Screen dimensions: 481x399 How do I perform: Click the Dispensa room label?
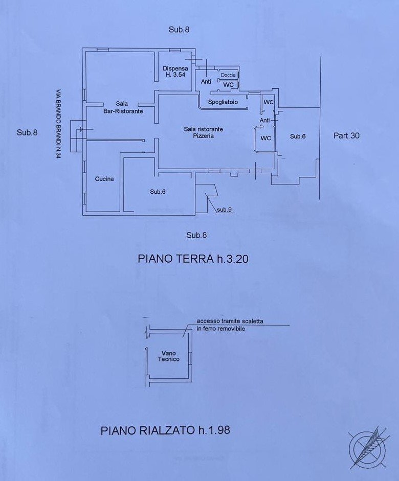(x=175, y=68)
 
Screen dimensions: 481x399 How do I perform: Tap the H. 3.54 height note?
(x=175, y=75)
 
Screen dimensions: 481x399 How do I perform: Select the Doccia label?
(x=228, y=75)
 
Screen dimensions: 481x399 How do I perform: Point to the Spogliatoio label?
(x=223, y=102)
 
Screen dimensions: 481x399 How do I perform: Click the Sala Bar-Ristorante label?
(x=122, y=107)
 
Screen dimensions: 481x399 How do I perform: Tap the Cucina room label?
(x=104, y=179)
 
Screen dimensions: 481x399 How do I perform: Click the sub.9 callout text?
(x=224, y=210)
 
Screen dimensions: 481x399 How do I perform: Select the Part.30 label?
(x=346, y=136)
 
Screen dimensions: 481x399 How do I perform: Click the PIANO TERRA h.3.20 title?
(x=193, y=259)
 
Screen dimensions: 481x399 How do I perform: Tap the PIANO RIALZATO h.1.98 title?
(x=165, y=430)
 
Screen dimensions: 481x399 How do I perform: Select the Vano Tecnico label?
(x=169, y=356)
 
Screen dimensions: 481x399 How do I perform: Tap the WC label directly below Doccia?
(x=228, y=84)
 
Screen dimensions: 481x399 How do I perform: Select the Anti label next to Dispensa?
(x=206, y=82)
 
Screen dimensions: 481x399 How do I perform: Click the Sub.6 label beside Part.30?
(x=298, y=136)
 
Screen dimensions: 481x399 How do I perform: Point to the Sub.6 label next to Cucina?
(x=158, y=192)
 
